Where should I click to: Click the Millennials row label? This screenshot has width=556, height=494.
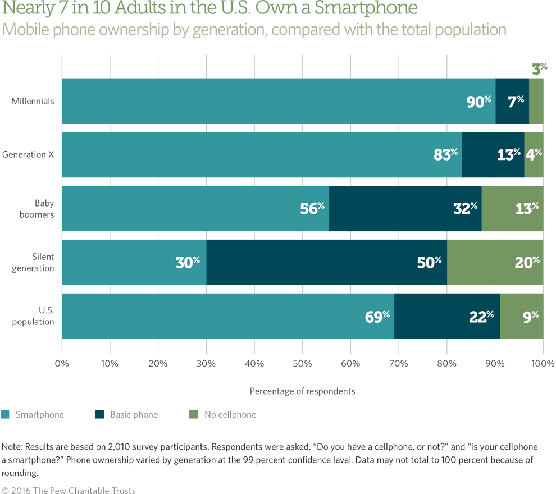pyautogui.click(x=33, y=102)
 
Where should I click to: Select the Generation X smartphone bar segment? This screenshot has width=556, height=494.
pyautogui.click(x=261, y=155)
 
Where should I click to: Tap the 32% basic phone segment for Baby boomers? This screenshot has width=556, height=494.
pyautogui.click(x=405, y=209)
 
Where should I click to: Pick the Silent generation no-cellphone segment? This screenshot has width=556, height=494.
pyautogui.click(x=495, y=263)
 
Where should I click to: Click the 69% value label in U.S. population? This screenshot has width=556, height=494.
pyautogui.click(x=377, y=317)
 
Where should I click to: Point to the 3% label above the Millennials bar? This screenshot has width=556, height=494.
pyautogui.click(x=539, y=69)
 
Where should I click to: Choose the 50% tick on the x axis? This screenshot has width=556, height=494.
pyautogui.click(x=302, y=363)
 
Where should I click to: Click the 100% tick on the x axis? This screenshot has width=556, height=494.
pyautogui.click(x=543, y=363)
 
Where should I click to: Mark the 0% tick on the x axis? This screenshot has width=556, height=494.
pyautogui.click(x=62, y=363)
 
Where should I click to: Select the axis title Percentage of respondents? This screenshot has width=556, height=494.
pyautogui.click(x=302, y=391)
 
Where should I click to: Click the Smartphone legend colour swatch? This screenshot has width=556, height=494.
pyautogui.click(x=5, y=415)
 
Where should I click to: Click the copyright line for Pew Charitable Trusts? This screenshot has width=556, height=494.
pyautogui.click(x=68, y=490)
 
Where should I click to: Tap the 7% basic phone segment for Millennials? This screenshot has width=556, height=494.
pyautogui.click(x=512, y=102)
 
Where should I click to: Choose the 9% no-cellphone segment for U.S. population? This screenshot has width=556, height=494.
pyautogui.click(x=522, y=317)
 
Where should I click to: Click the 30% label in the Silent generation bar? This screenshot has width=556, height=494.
pyautogui.click(x=188, y=263)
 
